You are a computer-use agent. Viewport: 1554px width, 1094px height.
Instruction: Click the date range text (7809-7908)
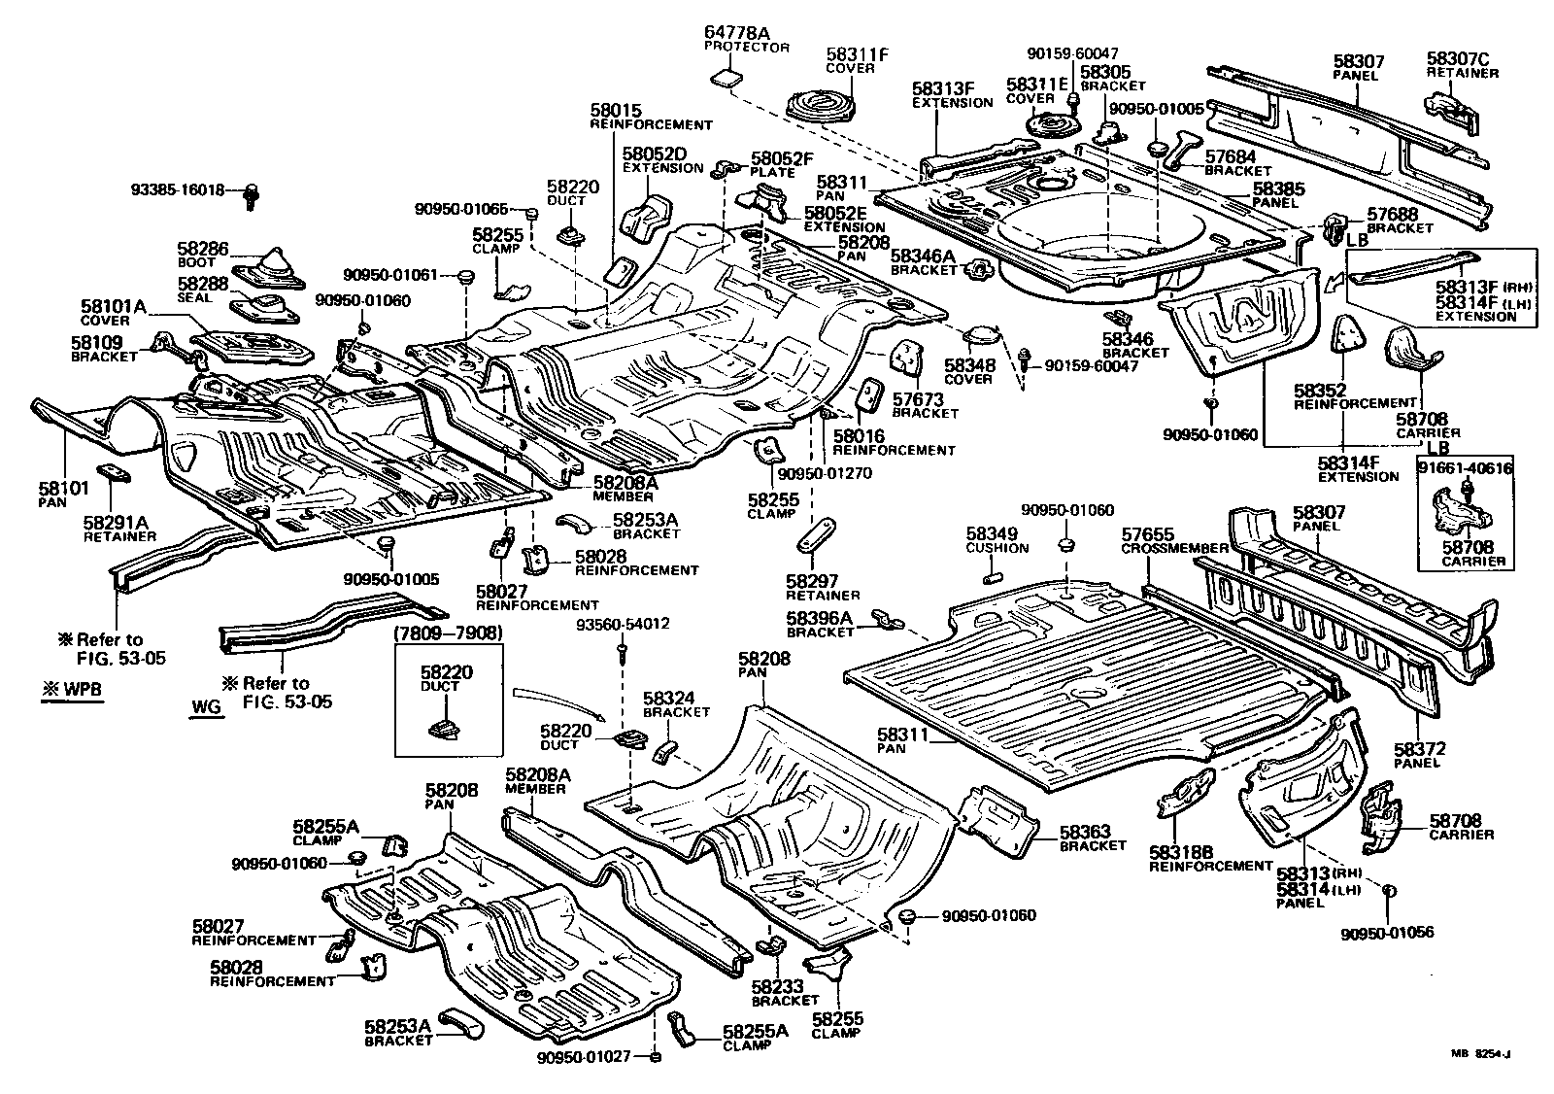click(449, 634)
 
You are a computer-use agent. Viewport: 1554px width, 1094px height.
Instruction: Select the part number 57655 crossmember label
click(1147, 534)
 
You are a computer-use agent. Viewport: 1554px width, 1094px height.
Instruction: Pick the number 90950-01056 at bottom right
click(1387, 934)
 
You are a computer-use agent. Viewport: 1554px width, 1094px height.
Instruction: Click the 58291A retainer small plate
click(120, 473)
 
